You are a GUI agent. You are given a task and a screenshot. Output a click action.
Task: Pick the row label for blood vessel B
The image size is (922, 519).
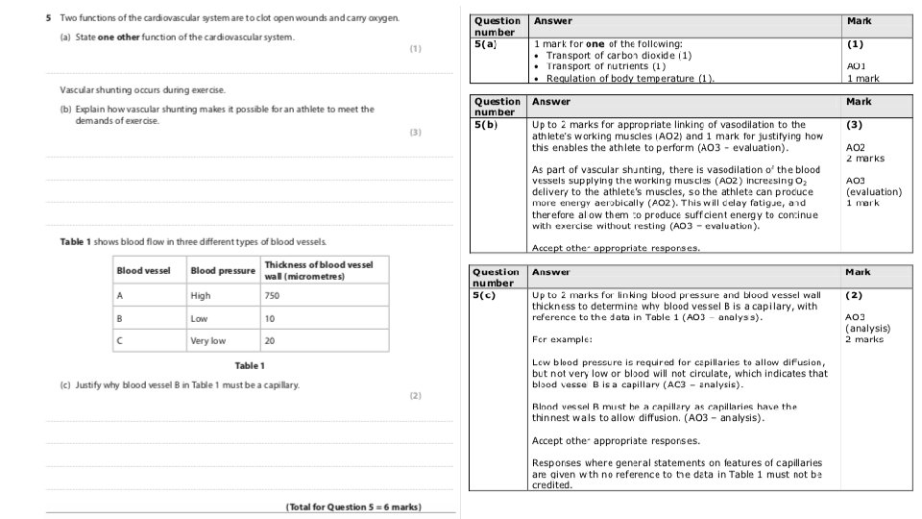click(x=120, y=318)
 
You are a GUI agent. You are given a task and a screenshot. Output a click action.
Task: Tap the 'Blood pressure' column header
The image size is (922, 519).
click(x=223, y=271)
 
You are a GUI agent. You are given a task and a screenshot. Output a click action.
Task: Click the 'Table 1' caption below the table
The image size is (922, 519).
click(x=250, y=365)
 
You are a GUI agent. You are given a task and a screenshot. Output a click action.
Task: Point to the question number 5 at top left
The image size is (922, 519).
click(x=48, y=19)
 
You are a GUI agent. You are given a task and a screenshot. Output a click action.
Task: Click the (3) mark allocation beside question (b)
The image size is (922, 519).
click(x=416, y=133)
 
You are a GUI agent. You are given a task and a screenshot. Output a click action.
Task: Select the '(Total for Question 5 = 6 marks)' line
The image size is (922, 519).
click(x=353, y=507)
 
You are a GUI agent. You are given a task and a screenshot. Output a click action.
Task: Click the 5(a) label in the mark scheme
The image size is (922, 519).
click(x=485, y=44)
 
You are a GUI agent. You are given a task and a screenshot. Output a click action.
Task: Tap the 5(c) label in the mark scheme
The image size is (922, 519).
click(x=485, y=295)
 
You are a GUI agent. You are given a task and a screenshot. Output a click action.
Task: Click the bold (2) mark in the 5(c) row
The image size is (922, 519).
click(x=854, y=295)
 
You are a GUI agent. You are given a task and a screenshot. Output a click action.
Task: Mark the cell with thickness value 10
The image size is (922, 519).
click(x=270, y=318)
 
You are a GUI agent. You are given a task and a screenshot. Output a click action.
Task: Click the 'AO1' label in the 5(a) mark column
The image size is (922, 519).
click(x=857, y=66)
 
